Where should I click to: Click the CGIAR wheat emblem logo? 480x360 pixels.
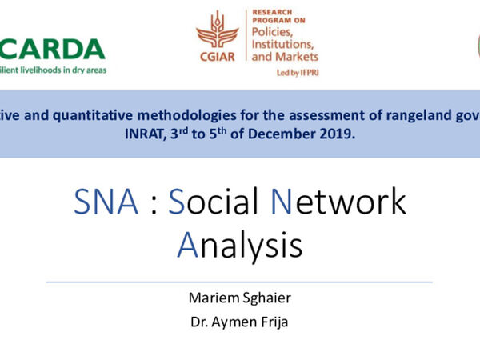click(217, 30)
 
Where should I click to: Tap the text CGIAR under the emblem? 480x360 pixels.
click(217, 58)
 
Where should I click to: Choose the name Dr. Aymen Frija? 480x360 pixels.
click(240, 323)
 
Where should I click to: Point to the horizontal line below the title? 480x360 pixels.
click(240, 282)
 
